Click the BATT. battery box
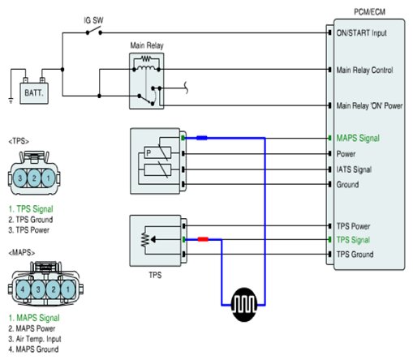tap(34, 93)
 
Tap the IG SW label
tap(93, 20)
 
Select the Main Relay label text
tap(147, 45)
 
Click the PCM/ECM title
tap(369, 12)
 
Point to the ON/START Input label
tap(362, 33)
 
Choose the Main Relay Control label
tap(364, 70)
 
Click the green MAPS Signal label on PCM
tap(358, 138)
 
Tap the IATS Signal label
tap(354, 169)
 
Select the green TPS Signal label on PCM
tap(353, 240)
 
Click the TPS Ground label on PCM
tap(355, 255)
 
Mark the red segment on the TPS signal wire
tap(203, 239)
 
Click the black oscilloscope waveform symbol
tap(244, 304)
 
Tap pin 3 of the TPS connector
tap(19, 178)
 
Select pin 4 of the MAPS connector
tap(23, 289)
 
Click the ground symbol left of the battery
tap(11, 101)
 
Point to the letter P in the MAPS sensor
tap(148, 153)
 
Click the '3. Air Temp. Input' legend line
tap(35, 339)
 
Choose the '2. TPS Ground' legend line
tap(31, 220)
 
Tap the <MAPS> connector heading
tap(22, 253)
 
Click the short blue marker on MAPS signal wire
tap(202, 138)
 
